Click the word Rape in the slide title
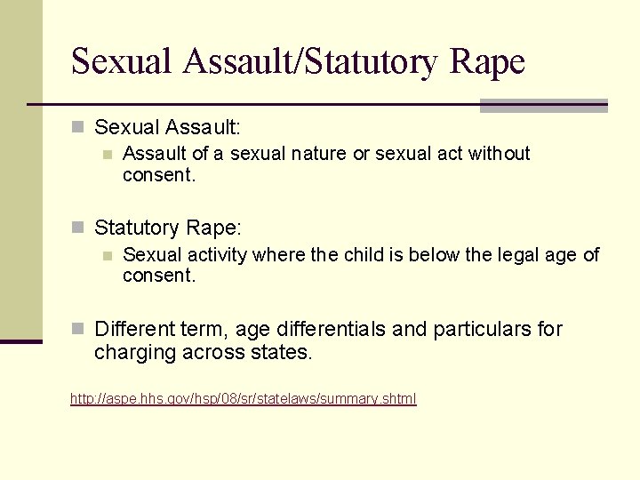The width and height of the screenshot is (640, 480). coord(488,61)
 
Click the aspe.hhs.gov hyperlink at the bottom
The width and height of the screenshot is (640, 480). coord(243,399)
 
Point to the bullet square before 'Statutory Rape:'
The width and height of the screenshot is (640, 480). coord(77,228)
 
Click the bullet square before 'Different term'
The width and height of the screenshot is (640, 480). coord(77,330)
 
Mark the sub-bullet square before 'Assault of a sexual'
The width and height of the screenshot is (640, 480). coord(107,155)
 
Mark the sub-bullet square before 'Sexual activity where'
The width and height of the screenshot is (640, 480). coord(107,256)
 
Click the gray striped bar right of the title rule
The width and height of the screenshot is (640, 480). coord(543,106)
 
